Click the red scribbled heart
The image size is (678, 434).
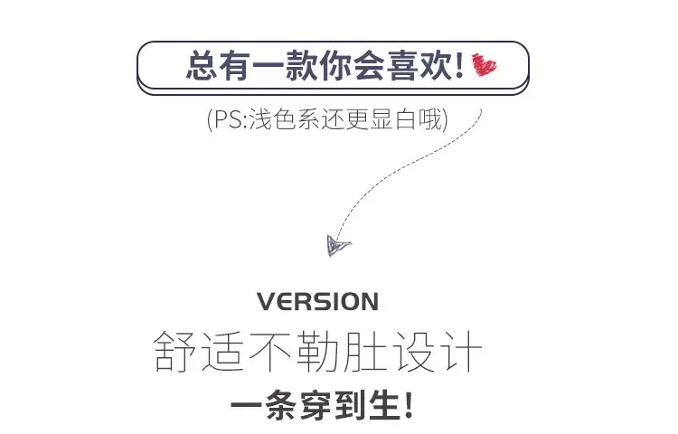485,65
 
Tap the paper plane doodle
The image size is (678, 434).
338,246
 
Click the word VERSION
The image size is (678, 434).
318,302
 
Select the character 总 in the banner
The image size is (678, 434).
202,65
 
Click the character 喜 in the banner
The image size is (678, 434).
402,65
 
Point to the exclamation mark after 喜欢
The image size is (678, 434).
459,65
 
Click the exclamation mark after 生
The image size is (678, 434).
409,405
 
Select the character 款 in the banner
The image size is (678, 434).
302,65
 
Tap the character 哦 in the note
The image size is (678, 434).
430,119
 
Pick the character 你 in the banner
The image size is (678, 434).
335,65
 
